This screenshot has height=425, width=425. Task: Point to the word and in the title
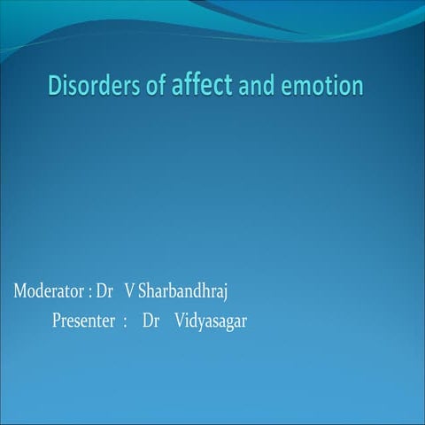256,87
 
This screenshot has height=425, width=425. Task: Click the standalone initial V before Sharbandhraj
130,291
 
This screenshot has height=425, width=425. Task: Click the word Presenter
83,321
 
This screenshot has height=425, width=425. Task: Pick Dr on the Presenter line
151,321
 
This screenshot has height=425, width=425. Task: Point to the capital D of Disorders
54,87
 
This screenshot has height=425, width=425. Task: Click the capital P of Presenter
57,321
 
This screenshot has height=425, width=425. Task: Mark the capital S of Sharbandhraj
143,291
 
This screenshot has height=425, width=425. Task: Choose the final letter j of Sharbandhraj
227,293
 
